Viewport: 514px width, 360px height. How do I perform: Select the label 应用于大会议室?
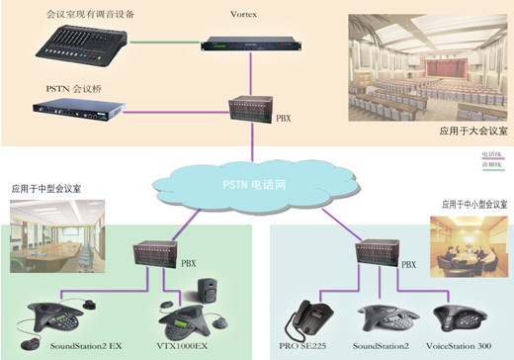[471, 131]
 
